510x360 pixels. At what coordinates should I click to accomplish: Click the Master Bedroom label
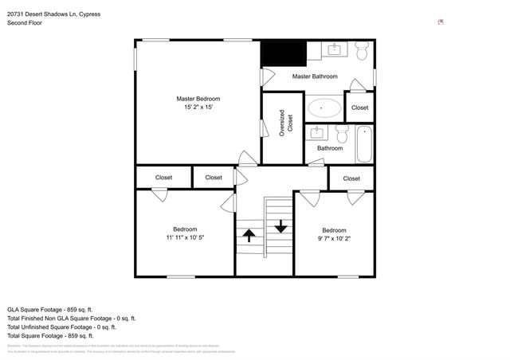(x=198, y=99)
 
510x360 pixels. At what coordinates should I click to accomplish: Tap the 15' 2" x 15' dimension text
(x=198, y=108)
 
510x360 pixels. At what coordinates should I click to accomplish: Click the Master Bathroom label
(x=315, y=76)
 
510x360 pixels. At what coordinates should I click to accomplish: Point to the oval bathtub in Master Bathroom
(x=324, y=107)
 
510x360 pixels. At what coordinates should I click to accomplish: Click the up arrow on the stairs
(x=249, y=235)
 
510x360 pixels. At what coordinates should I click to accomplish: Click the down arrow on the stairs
(x=280, y=225)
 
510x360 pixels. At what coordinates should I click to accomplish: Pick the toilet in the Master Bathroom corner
(x=362, y=53)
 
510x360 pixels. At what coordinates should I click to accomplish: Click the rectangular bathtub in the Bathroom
(x=364, y=143)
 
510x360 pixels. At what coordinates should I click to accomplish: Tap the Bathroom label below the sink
(x=330, y=148)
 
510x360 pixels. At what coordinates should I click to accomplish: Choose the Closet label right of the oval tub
(x=360, y=108)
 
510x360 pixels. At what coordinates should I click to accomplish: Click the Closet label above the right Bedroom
(x=352, y=178)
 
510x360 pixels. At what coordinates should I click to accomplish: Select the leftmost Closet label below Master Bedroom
(x=164, y=178)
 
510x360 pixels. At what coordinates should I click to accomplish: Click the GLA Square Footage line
(x=49, y=308)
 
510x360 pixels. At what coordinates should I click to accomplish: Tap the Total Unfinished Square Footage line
(x=61, y=327)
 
